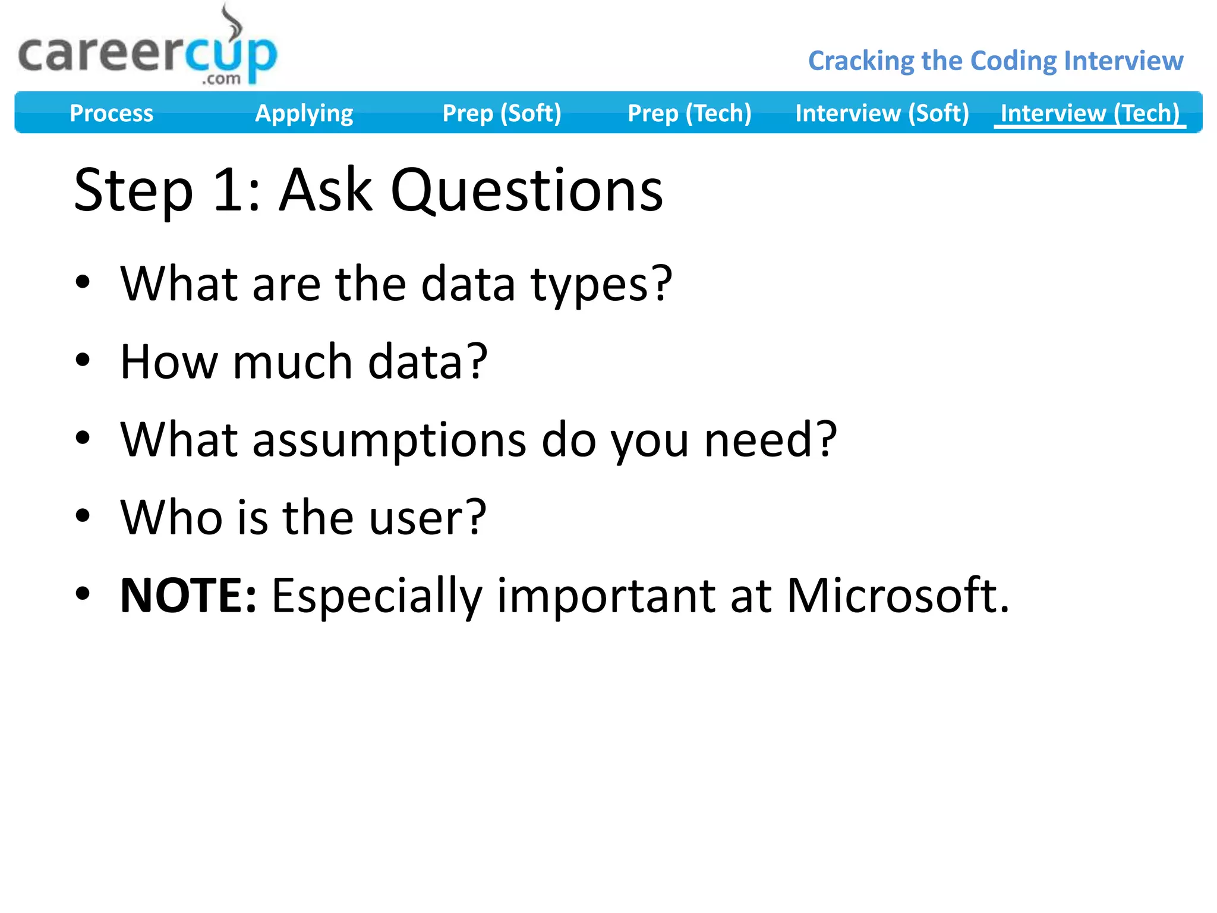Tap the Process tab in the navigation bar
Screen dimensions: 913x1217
click(111, 113)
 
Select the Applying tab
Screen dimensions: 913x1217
click(304, 113)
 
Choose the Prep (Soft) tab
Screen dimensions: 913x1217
click(502, 113)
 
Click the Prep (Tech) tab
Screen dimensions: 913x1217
click(689, 113)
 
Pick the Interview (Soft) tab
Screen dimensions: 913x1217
click(882, 113)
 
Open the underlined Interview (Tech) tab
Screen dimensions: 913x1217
click(1089, 113)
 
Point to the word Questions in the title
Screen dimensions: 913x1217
click(526, 190)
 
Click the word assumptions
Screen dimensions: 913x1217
click(389, 440)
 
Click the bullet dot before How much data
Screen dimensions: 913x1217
click(83, 360)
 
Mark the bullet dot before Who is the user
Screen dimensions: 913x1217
click(83, 515)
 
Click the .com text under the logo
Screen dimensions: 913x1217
click(221, 78)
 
